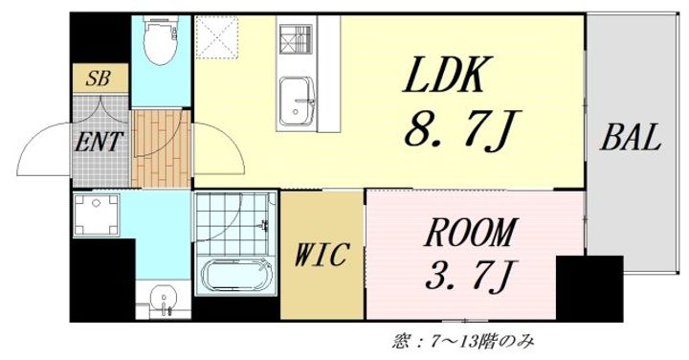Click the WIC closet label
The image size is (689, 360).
click(322, 256)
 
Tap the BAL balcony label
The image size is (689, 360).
click(631, 140)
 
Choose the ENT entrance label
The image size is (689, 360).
click(100, 144)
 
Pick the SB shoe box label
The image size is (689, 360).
click(98, 79)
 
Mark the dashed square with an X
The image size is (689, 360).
click(218, 40)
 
